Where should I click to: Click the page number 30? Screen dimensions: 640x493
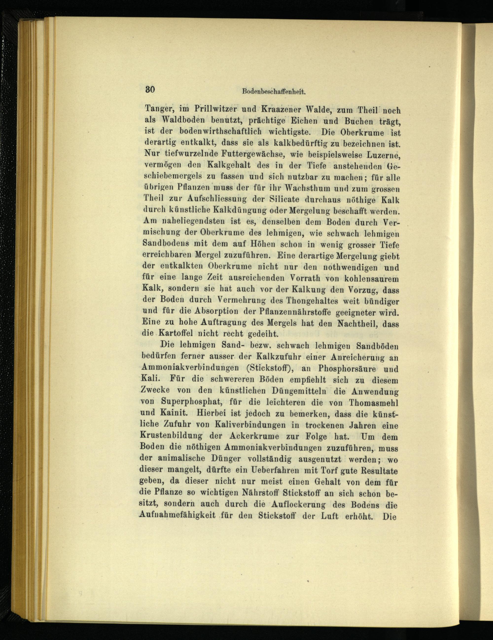point(150,89)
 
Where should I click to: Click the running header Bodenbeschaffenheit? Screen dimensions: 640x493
point(274,92)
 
